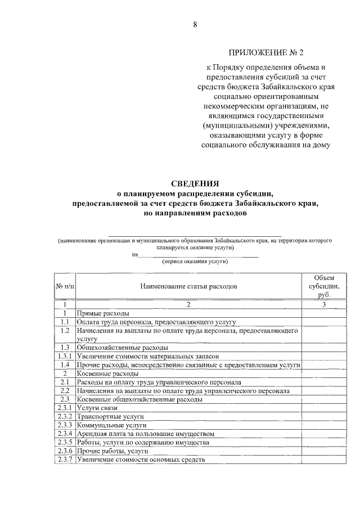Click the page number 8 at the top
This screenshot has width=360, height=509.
point(195,25)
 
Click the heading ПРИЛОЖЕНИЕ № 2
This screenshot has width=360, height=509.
point(265,54)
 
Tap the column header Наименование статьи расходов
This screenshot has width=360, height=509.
point(188,286)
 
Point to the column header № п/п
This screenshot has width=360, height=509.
point(65,286)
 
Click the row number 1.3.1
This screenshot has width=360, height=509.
point(65,357)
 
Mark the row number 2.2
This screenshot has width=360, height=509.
point(65,390)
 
